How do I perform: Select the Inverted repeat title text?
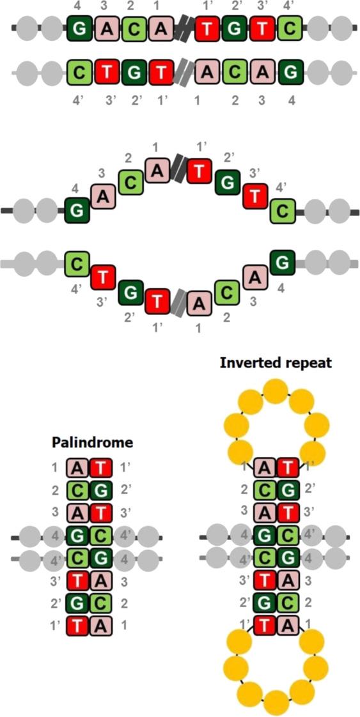coord(276,363)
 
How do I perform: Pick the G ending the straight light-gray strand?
coord(291,72)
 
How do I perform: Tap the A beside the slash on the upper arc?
coord(159,170)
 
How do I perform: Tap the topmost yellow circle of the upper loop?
coord(276,390)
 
